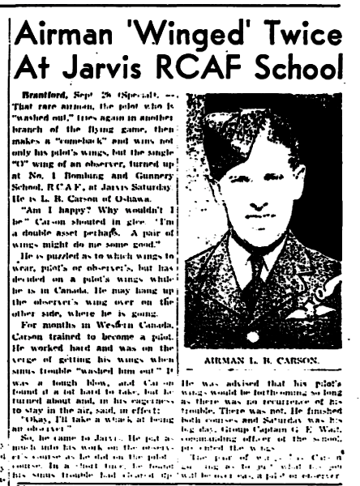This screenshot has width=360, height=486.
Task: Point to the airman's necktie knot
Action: pos(262,269)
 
